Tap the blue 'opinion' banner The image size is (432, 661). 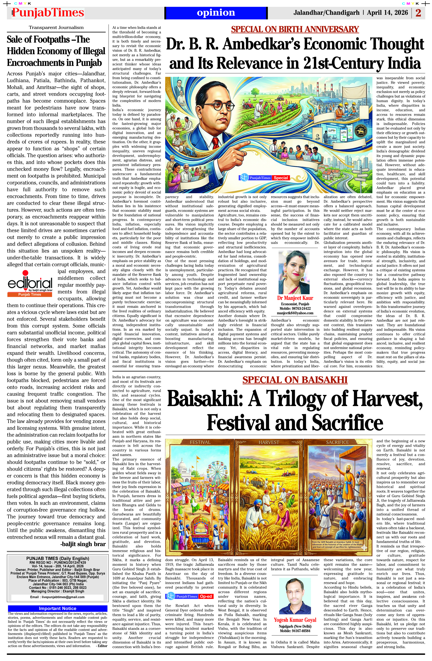click(x=216, y=13)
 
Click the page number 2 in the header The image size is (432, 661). click(x=418, y=13)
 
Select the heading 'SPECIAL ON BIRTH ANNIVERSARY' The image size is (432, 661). click(x=295, y=29)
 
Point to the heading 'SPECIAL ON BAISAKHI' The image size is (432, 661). click(x=295, y=380)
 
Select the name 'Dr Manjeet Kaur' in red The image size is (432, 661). click(x=295, y=298)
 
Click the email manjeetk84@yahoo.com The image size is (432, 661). click(x=295, y=313)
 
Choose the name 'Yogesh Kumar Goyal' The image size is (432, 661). click(x=295, y=620)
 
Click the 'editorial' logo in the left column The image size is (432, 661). click(x=30, y=284)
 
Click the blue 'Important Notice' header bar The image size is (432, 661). click(x=57, y=608)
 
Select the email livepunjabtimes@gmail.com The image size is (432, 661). click(x=57, y=597)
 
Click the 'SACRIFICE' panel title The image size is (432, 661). click(x=337, y=442)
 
